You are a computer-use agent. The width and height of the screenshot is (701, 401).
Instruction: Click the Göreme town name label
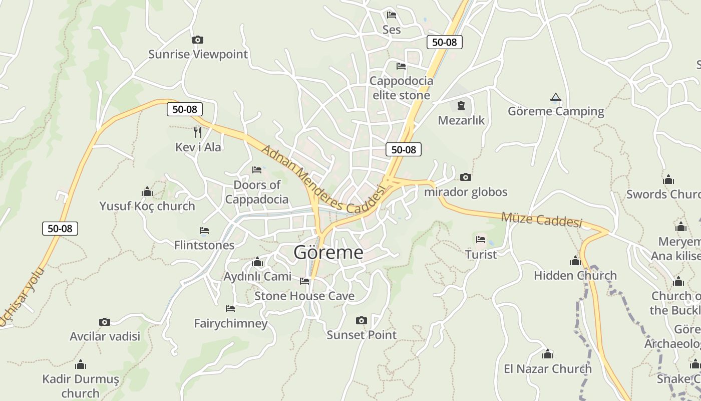click(x=328, y=252)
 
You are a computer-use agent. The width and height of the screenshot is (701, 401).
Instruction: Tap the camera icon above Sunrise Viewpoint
click(x=198, y=40)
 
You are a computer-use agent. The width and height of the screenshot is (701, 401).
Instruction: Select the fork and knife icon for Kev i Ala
click(x=198, y=132)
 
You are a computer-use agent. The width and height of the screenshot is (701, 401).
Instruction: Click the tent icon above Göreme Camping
click(x=555, y=97)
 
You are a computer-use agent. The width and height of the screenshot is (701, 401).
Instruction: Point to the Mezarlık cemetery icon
click(x=461, y=106)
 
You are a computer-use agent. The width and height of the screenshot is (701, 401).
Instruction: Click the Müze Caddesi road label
click(x=542, y=219)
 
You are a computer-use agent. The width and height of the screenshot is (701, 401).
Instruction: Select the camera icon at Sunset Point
click(x=361, y=320)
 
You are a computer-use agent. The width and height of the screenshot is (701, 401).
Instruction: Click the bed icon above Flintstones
click(x=204, y=231)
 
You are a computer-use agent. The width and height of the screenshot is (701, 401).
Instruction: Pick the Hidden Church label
click(x=575, y=275)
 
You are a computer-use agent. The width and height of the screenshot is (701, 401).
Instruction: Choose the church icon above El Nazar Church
click(x=548, y=354)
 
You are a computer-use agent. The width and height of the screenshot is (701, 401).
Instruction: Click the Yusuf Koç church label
click(x=147, y=206)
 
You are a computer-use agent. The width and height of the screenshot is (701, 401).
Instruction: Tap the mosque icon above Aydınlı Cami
click(x=257, y=262)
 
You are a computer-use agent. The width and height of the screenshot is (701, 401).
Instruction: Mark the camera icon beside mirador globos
click(x=466, y=177)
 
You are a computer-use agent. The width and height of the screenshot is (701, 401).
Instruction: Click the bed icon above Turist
click(x=481, y=239)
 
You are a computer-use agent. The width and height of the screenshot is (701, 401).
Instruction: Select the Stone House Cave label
click(x=304, y=296)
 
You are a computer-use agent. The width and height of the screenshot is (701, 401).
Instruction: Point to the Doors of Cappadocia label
click(x=257, y=192)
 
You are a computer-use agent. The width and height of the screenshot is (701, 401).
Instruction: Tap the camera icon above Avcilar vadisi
click(x=105, y=322)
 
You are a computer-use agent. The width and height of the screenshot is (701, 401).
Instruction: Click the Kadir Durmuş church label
click(x=81, y=386)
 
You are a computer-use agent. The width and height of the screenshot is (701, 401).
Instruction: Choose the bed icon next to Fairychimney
click(x=230, y=308)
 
